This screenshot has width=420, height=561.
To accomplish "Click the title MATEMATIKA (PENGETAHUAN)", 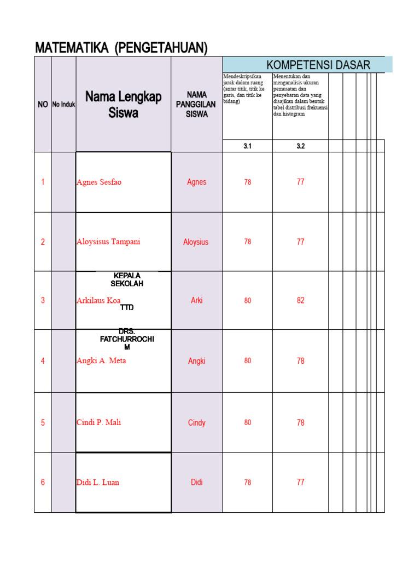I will pos(121,48).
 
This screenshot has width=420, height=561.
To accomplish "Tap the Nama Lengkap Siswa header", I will pos(123,105).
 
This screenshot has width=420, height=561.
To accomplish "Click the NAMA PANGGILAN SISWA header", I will pos(196,105).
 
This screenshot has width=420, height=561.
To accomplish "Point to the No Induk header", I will pos(63,104).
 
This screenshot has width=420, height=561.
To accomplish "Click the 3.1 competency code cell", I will pos(247,146).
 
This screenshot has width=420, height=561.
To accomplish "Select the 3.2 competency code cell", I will pos(300,146).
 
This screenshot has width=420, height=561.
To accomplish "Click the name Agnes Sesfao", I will pos(99,182).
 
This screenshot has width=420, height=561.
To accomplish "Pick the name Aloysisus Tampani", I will pos(108,242).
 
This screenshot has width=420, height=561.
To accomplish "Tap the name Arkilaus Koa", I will pos(98,300).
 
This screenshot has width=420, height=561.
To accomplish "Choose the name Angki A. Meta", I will pos(101,360).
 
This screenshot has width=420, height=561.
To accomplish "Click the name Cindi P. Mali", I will pos(99,422).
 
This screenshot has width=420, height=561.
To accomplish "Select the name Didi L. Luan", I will pos(98,482).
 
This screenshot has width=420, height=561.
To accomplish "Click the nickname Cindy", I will pos(196,422).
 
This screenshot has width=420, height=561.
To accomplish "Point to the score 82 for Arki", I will pos(300,300).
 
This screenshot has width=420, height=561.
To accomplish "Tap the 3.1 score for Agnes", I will pos(248,182).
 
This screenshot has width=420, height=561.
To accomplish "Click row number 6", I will pos(43,482).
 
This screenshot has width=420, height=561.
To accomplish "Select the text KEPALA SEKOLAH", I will pos(127,279).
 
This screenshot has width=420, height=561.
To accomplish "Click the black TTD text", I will pos(127,307).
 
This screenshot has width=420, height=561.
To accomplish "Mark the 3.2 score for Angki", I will pos(300,360).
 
